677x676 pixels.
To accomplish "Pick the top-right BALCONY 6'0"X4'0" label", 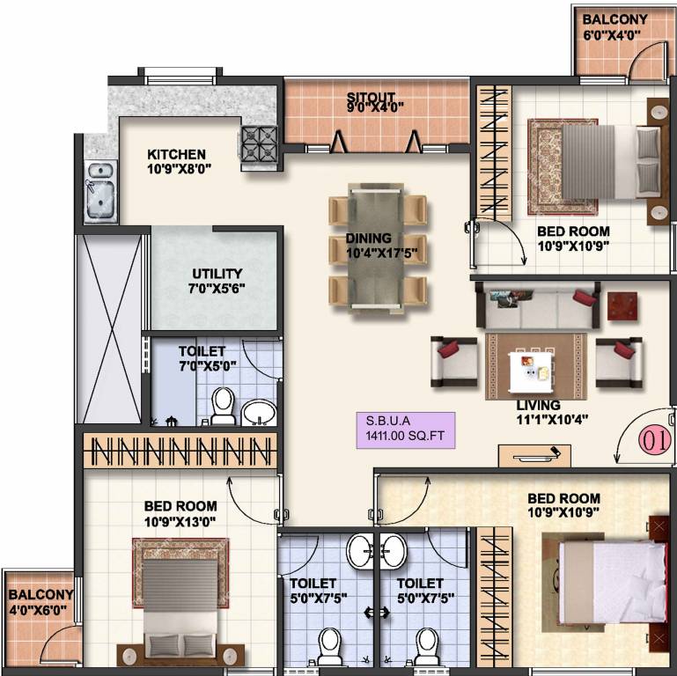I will (x=614, y=26).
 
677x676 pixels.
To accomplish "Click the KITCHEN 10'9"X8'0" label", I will (x=177, y=160).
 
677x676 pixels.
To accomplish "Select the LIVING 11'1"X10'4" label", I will (x=539, y=412).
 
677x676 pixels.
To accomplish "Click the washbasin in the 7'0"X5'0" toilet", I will (x=258, y=410).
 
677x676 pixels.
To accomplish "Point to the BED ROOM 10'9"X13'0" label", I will (x=180, y=512).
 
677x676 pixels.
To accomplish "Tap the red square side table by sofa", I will (x=623, y=306).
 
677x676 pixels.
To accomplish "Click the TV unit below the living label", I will (x=528, y=455).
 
